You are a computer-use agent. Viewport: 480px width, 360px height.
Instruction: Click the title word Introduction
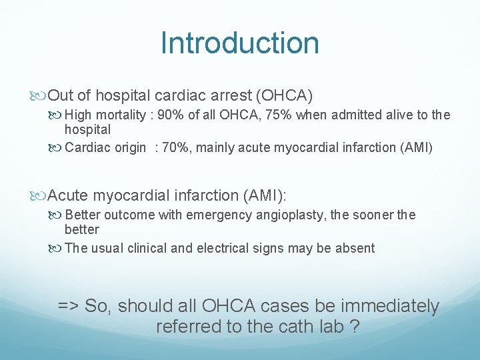pyautogui.click(x=240, y=43)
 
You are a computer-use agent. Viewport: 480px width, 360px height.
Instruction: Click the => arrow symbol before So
pyautogui.click(x=69, y=306)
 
